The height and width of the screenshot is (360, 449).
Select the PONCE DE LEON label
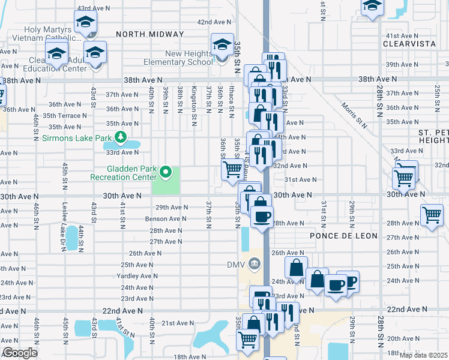(x=343, y=236)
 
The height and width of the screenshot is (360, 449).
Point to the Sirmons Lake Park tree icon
(x=121, y=138)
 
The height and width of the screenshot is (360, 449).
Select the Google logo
(x=20, y=353)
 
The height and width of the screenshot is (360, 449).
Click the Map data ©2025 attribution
(x=424, y=355)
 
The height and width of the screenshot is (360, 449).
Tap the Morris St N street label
(x=355, y=114)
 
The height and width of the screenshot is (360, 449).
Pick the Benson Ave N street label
(x=166, y=219)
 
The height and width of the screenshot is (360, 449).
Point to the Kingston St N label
(x=194, y=98)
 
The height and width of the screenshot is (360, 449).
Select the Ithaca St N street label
(x=231, y=98)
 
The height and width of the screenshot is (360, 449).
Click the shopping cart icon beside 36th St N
(x=232, y=169)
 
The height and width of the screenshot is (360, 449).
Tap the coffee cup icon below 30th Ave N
(x=261, y=215)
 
